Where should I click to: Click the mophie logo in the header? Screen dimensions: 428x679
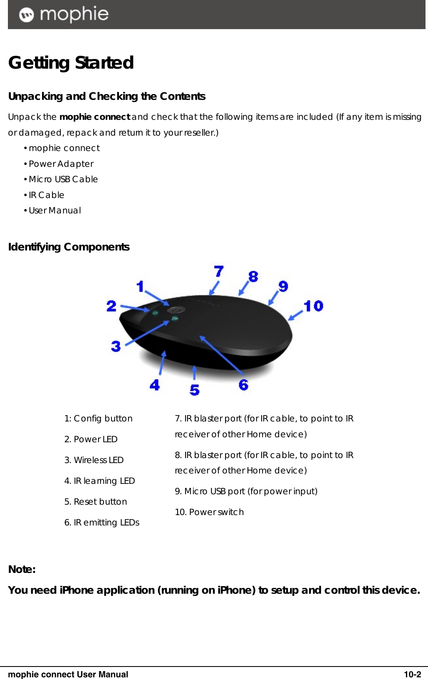point(64,15)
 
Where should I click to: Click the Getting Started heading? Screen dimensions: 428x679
point(71,63)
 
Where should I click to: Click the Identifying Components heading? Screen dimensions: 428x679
point(69,247)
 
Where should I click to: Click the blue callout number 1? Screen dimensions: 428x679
point(140,286)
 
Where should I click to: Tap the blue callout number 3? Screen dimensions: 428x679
point(116,346)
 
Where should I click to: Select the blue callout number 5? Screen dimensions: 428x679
point(194,390)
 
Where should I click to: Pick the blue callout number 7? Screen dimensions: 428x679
point(219,272)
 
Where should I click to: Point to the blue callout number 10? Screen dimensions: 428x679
point(313,306)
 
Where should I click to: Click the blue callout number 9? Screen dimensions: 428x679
point(283,286)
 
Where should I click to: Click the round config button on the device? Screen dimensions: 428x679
point(175,310)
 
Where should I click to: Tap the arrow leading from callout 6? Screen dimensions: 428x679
point(221,354)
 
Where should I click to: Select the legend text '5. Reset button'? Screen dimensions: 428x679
point(96,502)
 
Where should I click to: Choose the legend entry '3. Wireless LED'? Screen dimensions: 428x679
point(94,460)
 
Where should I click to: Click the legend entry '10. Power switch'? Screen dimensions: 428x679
point(209,512)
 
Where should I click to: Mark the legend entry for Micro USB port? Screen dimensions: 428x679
point(246,491)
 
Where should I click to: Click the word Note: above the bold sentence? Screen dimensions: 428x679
point(22,570)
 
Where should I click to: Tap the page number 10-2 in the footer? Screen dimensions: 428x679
point(412,674)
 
